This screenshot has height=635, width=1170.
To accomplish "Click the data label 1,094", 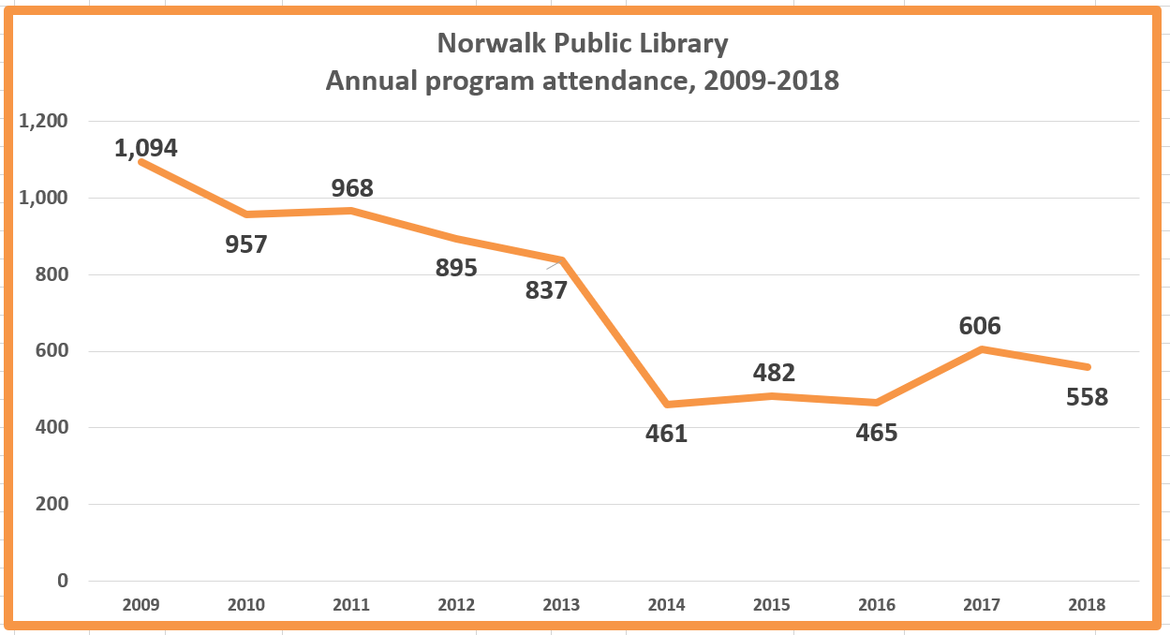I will tap(146, 147).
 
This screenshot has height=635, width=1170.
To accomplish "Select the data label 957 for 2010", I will tap(246, 244).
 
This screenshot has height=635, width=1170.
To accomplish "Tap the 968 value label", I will tap(352, 188).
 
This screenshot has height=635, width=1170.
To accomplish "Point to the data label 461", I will tap(666, 434).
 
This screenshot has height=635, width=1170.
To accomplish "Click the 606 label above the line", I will tap(980, 326).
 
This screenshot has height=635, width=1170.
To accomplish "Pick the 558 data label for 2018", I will tap(1087, 397).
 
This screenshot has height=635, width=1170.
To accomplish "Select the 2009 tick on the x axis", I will tap(141, 605).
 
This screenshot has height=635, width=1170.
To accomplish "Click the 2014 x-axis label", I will tap(666, 605).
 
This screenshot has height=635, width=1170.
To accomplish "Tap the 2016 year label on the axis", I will tap(876, 605).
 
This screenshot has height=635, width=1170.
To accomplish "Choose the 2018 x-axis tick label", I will tap(1086, 605).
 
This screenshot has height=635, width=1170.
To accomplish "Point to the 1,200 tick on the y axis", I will tap(44, 122).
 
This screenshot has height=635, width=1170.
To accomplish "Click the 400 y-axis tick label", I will tap(51, 428).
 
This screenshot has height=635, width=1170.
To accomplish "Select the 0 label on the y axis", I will tap(63, 581).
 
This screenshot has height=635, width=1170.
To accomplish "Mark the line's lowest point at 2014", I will tap(666, 405).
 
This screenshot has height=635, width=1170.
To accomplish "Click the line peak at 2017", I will tap(981, 349).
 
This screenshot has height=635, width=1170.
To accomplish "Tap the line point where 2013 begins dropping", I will tap(562, 260).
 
